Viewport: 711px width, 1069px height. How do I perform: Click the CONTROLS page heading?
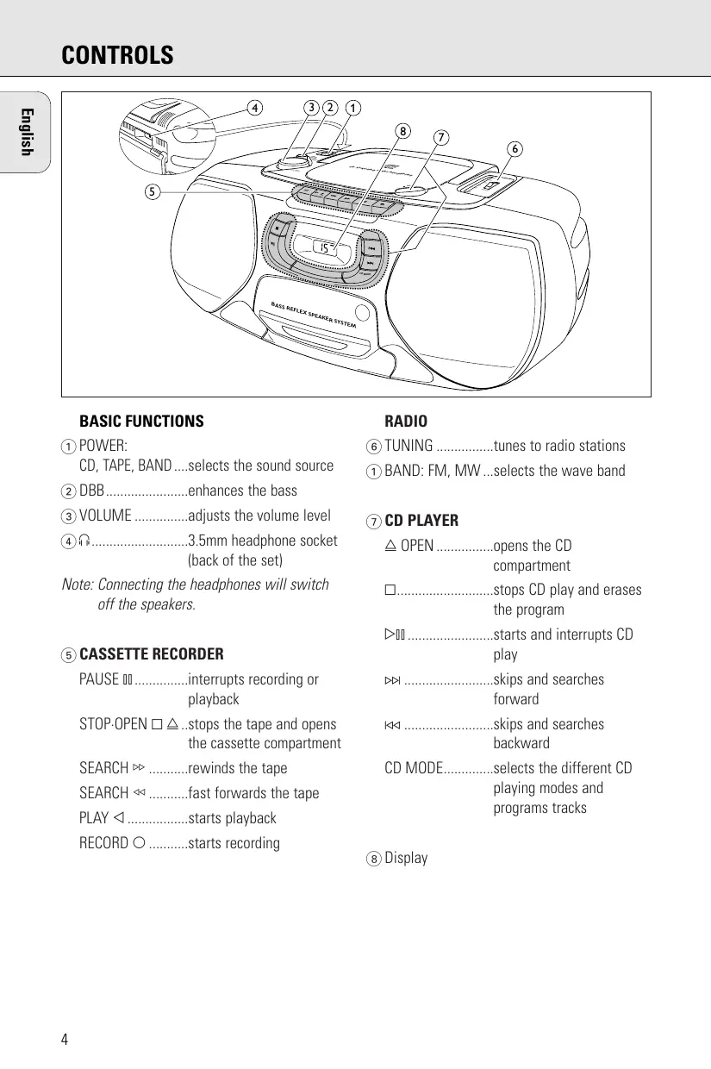pyautogui.click(x=117, y=56)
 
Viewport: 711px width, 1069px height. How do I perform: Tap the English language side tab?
pyautogui.click(x=27, y=132)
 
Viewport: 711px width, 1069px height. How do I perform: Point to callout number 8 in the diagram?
pyautogui.click(x=402, y=131)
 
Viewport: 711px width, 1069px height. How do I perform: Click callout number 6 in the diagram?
pyautogui.click(x=515, y=148)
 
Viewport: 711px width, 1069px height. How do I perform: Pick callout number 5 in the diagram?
pyautogui.click(x=152, y=191)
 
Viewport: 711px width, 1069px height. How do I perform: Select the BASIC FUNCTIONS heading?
pyautogui.click(x=141, y=422)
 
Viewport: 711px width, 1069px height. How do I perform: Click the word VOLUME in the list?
pyautogui.click(x=105, y=516)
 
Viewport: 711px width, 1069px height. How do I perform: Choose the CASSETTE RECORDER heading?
pyautogui.click(x=151, y=654)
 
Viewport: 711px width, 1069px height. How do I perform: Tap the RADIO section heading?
pyautogui.click(x=405, y=422)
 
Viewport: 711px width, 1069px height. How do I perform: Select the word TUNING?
pyautogui.click(x=409, y=446)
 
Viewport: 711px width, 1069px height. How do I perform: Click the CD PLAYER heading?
pyautogui.click(x=421, y=521)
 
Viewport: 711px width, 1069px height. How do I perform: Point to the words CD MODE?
pyautogui.click(x=413, y=768)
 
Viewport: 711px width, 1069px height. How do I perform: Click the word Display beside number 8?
pyautogui.click(x=406, y=858)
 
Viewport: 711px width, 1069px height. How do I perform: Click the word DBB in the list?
pyautogui.click(x=91, y=491)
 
